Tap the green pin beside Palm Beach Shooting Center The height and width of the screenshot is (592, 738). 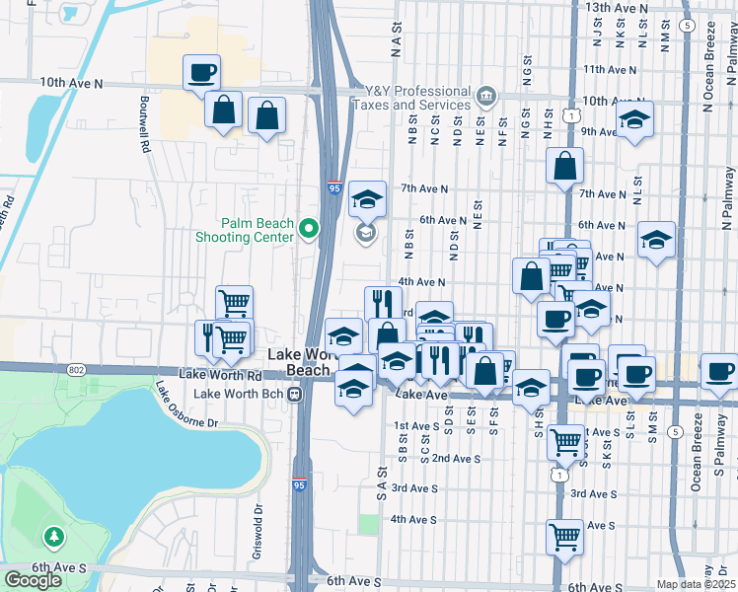tap(308, 230)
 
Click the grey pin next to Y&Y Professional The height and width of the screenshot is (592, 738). tap(485, 97)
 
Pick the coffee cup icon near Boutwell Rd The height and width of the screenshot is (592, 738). tap(201, 72)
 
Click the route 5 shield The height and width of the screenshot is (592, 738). tap(675, 431)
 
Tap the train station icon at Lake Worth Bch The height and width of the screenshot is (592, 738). tap(294, 394)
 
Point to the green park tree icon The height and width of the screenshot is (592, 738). tap(53, 537)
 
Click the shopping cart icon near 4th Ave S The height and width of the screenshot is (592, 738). tap(564, 537)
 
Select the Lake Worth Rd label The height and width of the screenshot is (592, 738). tap(220, 375)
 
